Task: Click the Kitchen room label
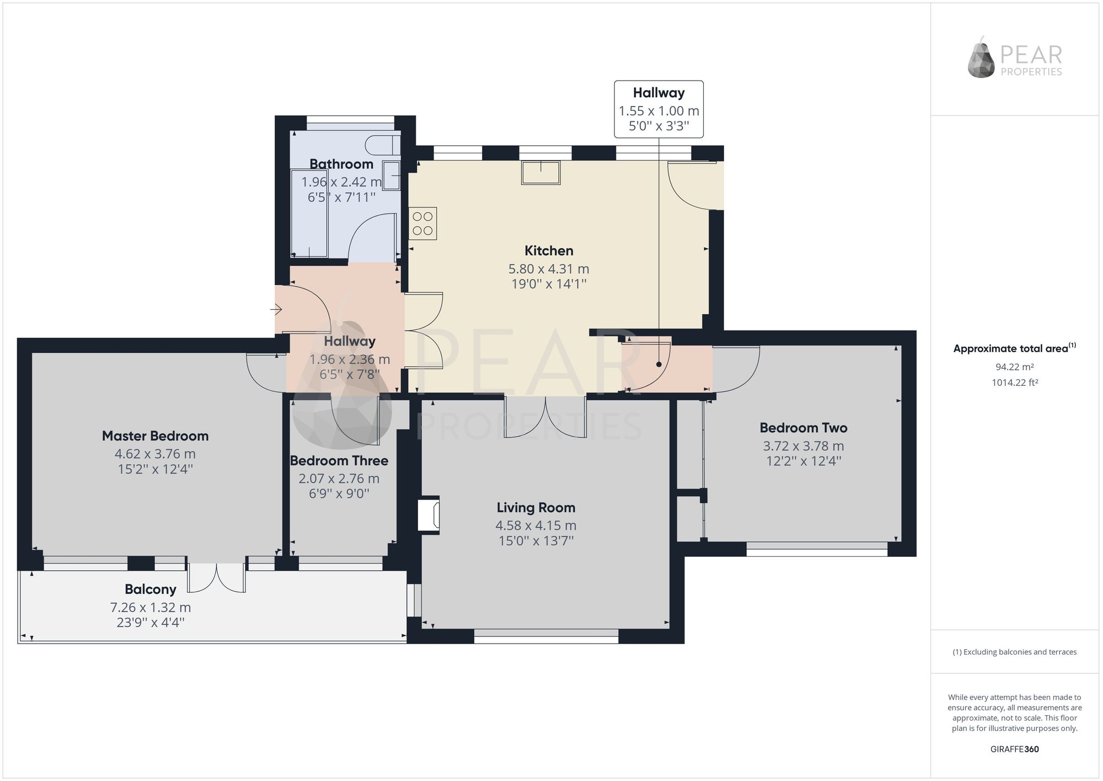549,251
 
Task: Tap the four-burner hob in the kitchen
423,224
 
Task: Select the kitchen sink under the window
541,173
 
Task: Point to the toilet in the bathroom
383,145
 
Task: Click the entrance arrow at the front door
276,310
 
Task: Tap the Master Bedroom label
156,436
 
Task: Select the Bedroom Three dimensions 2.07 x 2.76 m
339,479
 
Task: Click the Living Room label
536,508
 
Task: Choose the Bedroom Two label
804,428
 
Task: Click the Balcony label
151,589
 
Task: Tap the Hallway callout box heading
659,93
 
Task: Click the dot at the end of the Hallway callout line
659,364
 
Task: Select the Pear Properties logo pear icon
982,57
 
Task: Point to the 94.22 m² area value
1015,366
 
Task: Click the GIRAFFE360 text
1015,749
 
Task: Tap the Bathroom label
341,164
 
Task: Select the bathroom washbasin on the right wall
392,176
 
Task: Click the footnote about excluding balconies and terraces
1015,652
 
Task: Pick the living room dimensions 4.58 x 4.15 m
536,525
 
